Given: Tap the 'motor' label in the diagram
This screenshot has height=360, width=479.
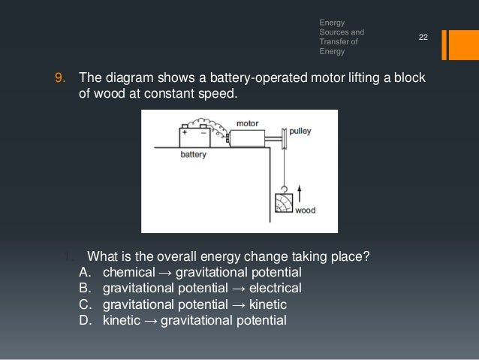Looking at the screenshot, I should point(247,123).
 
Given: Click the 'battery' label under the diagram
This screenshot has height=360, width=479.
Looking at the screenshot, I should point(194,156).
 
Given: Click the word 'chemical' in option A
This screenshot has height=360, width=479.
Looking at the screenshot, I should point(128,271).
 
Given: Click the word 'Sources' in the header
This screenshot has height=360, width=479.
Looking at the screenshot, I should point(335,33).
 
